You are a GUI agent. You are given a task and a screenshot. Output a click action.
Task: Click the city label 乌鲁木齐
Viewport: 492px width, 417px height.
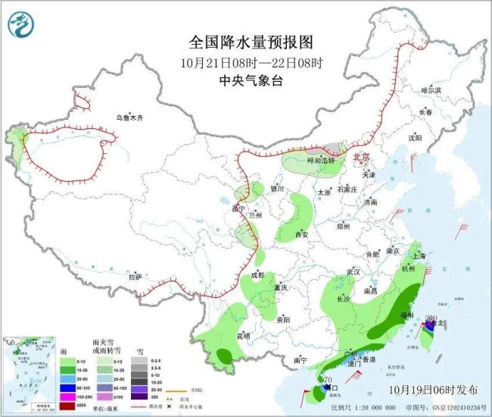coord(129,118)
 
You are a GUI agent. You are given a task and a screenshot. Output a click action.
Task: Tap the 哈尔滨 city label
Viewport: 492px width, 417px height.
coord(430,89)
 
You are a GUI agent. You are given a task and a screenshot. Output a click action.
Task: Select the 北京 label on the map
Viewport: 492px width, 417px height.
coord(361,157)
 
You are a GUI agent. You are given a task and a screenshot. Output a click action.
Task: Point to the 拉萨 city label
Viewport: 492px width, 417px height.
coord(135,277)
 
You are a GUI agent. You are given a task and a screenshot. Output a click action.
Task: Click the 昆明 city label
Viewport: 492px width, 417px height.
coord(222,335)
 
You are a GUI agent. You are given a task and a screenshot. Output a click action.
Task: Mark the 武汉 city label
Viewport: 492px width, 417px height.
coord(353,271)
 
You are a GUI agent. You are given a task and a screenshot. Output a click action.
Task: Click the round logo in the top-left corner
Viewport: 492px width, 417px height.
coord(22,26)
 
